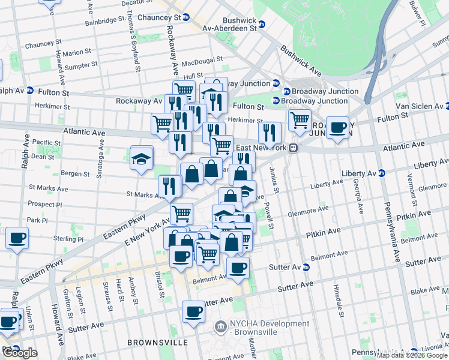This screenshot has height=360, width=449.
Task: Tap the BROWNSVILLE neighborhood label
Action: click(157, 343)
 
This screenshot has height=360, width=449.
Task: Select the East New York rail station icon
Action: click(294, 148)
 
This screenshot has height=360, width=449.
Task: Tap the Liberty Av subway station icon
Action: click(381, 173)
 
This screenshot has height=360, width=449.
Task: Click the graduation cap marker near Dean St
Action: click(142, 158)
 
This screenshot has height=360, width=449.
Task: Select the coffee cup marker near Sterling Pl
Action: click(17, 238)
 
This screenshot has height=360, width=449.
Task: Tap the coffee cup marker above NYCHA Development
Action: click(193, 312)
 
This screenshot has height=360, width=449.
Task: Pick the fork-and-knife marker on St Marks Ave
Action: click(169, 187)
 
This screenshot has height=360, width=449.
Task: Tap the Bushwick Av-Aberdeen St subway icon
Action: click(261, 27)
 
